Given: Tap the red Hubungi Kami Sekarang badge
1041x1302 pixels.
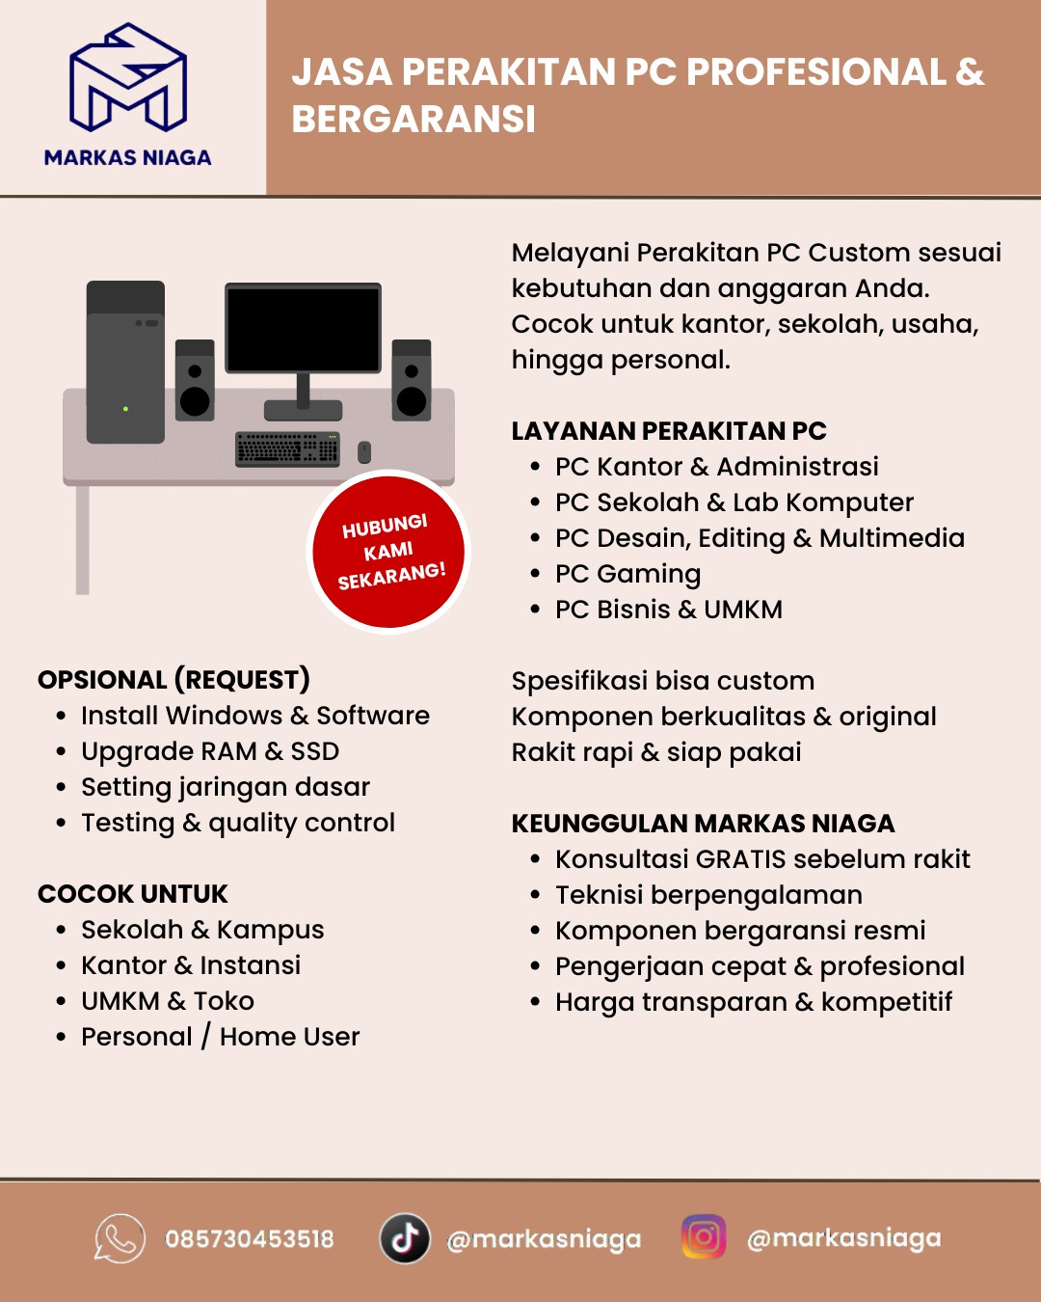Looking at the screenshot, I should (x=389, y=552).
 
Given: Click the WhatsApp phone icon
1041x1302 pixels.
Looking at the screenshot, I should (x=120, y=1238).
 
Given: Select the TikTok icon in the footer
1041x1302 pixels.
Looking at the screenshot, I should (x=405, y=1238).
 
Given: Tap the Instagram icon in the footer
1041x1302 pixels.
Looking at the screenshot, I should (x=704, y=1237).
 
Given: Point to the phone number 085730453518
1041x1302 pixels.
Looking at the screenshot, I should (x=250, y=1239).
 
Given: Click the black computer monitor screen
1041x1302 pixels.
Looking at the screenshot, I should (x=303, y=329).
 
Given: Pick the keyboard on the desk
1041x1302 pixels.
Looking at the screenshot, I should (x=287, y=448).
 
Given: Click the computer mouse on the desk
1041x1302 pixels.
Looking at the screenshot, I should (x=364, y=451).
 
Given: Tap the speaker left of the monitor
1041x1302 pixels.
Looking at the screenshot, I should (x=195, y=381).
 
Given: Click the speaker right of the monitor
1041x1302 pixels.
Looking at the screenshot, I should (x=412, y=381).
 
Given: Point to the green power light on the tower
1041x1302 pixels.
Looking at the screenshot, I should (x=125, y=409).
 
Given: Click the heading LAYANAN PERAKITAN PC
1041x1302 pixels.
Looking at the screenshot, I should (x=669, y=431).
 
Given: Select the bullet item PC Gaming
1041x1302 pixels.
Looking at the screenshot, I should (x=627, y=574).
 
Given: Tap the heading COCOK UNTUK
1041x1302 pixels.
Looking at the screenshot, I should (x=133, y=894).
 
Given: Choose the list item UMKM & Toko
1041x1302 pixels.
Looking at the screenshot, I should (x=168, y=1001).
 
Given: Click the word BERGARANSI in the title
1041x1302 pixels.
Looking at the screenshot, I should (x=414, y=120).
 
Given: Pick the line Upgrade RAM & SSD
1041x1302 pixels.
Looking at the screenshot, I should (x=210, y=751).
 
